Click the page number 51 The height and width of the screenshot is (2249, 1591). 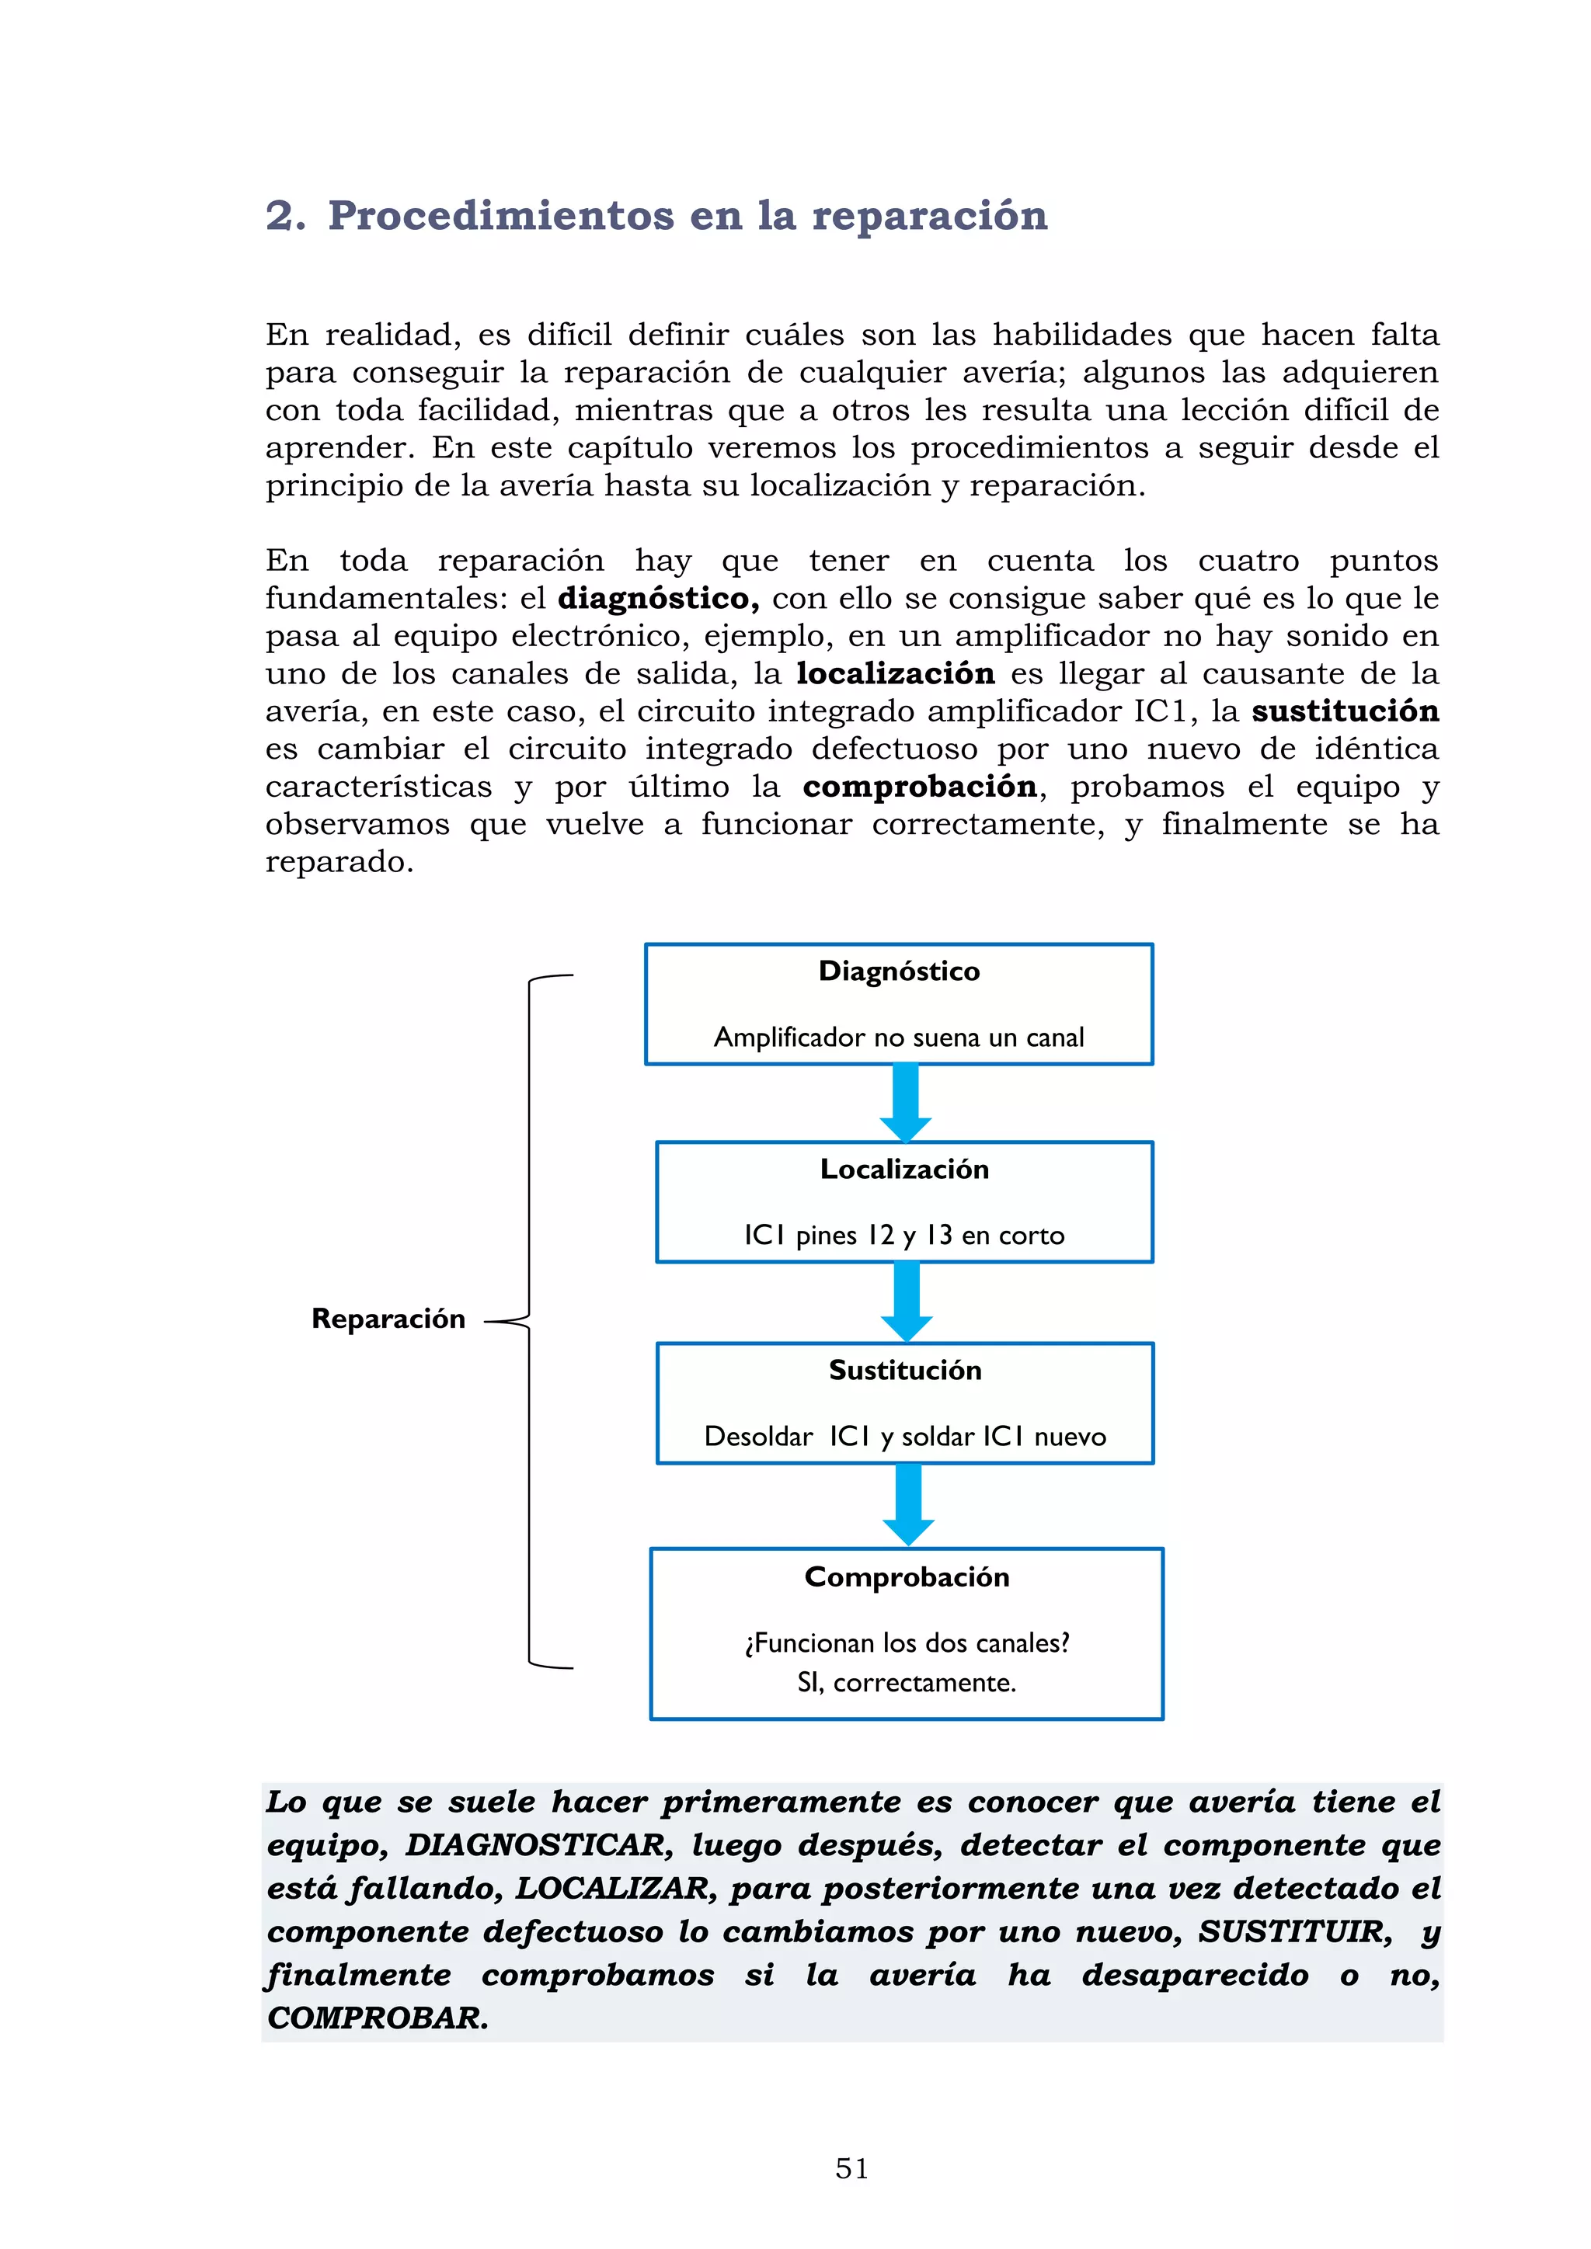tap(851, 2169)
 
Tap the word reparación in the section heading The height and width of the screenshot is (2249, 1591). tap(930, 215)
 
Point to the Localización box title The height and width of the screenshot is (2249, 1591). tap(904, 1170)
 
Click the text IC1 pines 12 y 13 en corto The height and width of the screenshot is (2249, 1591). tap(903, 1236)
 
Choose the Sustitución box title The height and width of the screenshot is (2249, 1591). tap(904, 1371)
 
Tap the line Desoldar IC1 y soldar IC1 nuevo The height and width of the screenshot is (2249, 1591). tap(904, 1437)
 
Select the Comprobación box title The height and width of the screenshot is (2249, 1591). tap(907, 1577)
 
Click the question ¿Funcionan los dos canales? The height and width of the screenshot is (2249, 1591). tap(907, 1642)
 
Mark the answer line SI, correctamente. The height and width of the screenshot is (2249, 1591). tap(907, 1683)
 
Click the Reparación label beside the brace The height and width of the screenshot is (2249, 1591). tap(388, 1319)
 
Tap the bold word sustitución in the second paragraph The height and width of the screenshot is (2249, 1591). tap(1344, 711)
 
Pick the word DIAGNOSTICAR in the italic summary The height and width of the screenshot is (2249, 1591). tap(539, 1845)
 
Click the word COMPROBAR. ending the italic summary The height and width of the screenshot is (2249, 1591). tap(378, 2019)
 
